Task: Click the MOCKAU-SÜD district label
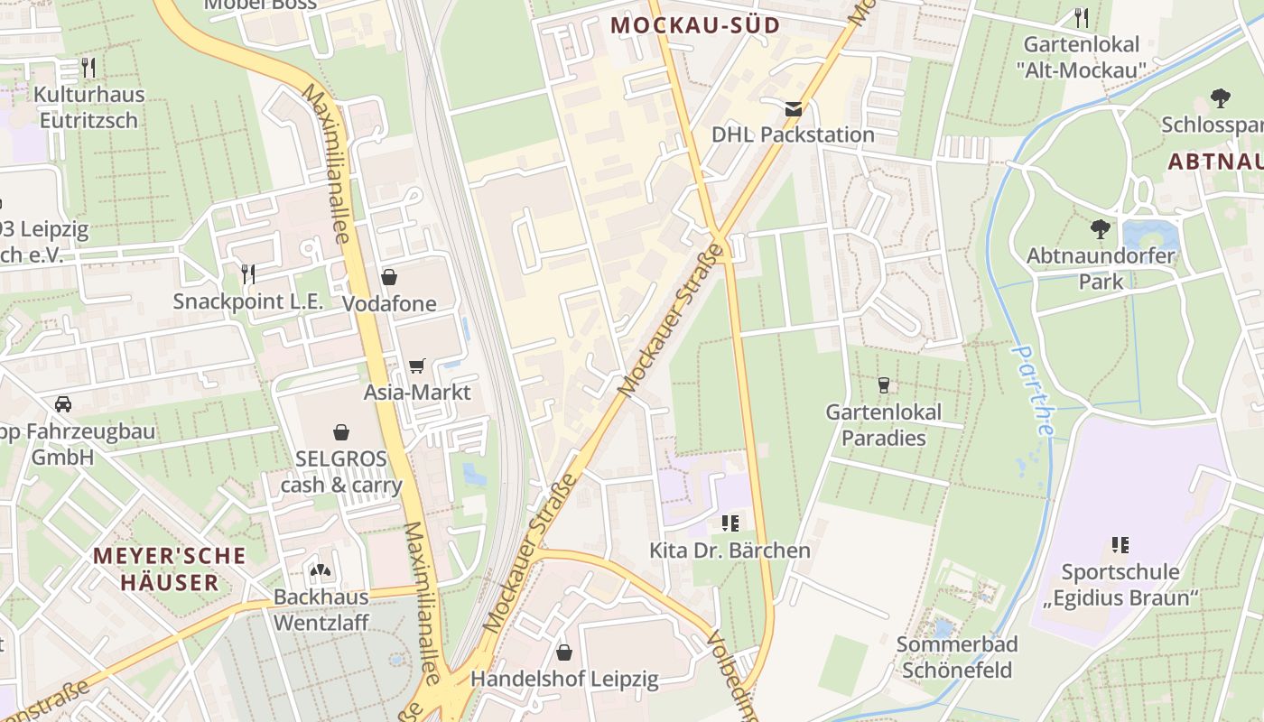pyautogui.click(x=694, y=25)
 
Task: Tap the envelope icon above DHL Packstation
pyautogui.click(x=793, y=109)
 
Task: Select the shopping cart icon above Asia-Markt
pyautogui.click(x=416, y=366)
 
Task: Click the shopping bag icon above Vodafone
pyautogui.click(x=389, y=277)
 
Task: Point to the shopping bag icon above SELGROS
pyautogui.click(x=341, y=432)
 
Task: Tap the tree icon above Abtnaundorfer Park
pyautogui.click(x=1100, y=229)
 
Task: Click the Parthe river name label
pyautogui.click(x=1032, y=390)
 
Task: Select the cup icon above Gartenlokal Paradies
pyautogui.click(x=883, y=385)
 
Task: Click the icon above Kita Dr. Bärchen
pyautogui.click(x=730, y=523)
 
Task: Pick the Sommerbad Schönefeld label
pyautogui.click(x=957, y=657)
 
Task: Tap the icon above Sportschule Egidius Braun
pyautogui.click(x=1120, y=545)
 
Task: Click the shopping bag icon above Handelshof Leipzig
pyautogui.click(x=564, y=652)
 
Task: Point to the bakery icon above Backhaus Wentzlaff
pyautogui.click(x=320, y=570)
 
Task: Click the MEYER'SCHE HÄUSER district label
pyautogui.click(x=170, y=569)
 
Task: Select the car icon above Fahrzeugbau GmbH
pyautogui.click(x=63, y=404)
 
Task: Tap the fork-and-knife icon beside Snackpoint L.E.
pyautogui.click(x=247, y=274)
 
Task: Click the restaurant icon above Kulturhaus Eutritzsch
pyautogui.click(x=88, y=68)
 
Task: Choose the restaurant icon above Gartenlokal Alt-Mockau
pyautogui.click(x=1082, y=17)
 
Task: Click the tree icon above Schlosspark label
pyautogui.click(x=1220, y=97)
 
